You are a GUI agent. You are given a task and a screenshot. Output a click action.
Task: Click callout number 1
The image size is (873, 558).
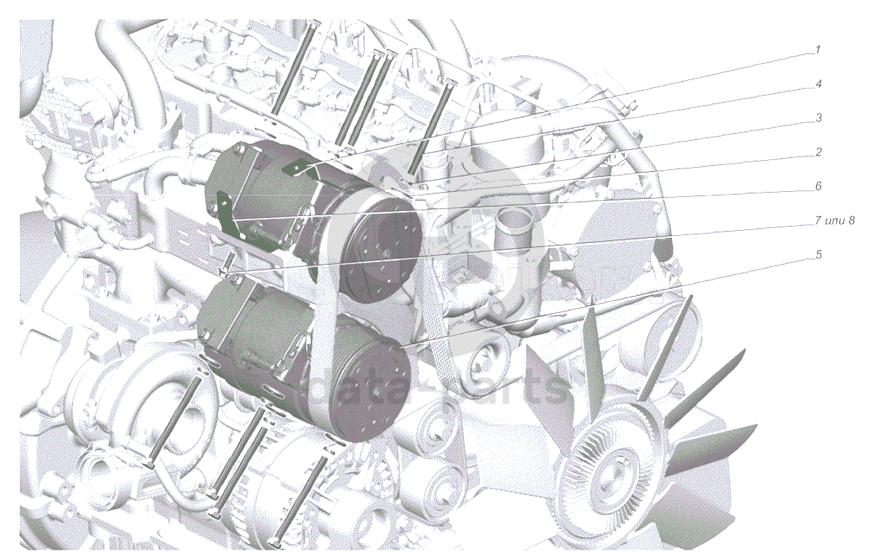click(818, 50)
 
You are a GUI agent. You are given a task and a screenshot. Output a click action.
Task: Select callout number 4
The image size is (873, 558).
click(818, 84)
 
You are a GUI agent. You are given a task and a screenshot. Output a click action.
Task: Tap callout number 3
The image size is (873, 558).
click(818, 118)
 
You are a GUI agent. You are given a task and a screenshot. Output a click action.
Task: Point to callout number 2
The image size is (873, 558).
click(818, 152)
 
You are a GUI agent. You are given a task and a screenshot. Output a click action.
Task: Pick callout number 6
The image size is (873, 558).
click(818, 186)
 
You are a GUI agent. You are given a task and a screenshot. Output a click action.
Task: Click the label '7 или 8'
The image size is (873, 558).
click(835, 220)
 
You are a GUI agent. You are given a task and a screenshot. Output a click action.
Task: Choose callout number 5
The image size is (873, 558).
click(818, 254)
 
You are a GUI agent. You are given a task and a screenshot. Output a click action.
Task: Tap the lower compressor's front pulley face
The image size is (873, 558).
click(372, 389)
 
